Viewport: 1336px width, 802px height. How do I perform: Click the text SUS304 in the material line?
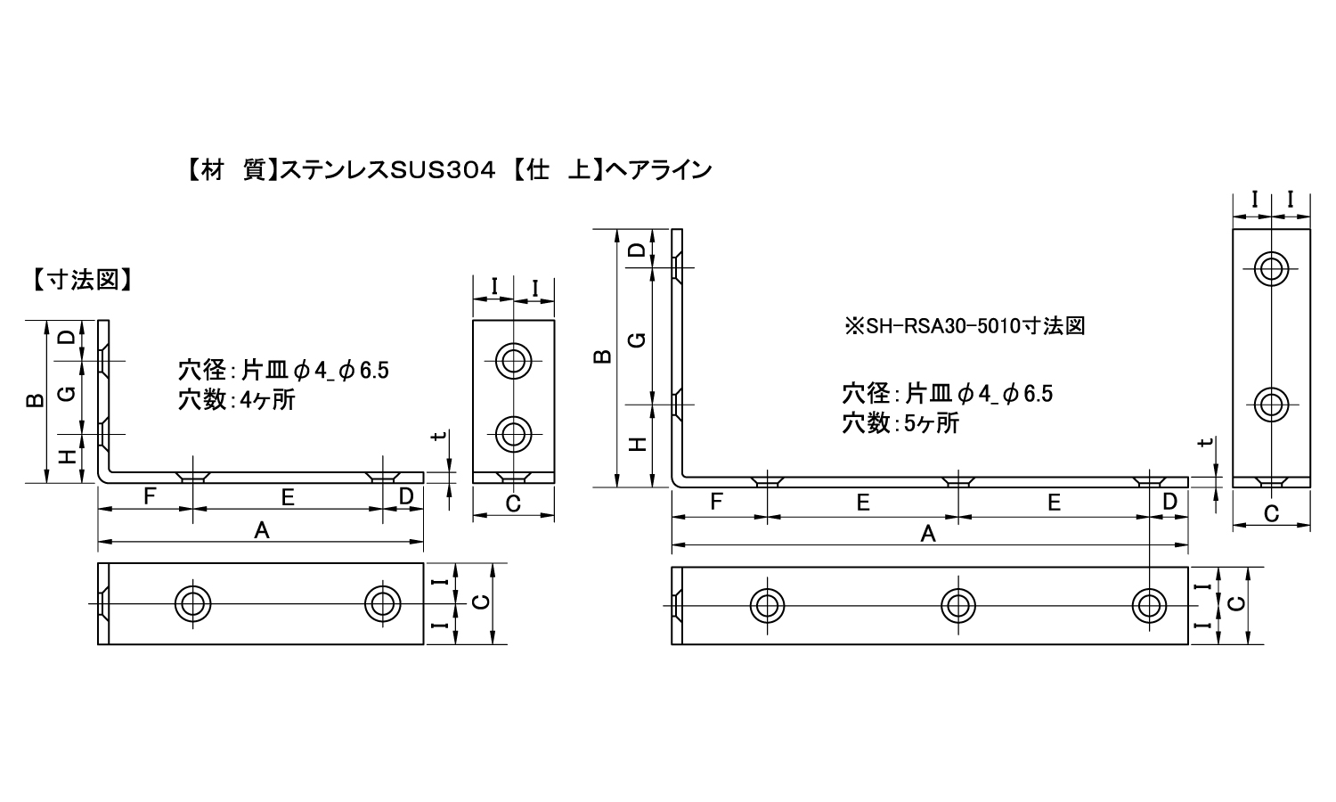coord(443,171)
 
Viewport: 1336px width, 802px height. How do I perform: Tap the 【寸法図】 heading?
coord(82,279)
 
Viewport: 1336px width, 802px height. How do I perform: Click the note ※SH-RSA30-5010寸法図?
coord(965,326)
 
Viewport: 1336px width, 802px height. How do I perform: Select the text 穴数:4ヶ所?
coord(237,400)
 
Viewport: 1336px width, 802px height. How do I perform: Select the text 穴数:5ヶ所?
coord(900,423)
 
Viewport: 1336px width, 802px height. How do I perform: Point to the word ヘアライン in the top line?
coord(658,171)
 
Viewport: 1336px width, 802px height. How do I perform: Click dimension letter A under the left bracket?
coord(262,530)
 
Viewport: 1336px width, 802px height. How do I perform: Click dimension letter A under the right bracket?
coord(928,534)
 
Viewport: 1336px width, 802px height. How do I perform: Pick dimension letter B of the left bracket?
coord(36,400)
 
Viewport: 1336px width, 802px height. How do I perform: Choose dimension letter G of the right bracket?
coord(638,340)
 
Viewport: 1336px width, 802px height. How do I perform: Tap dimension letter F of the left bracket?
coord(150,495)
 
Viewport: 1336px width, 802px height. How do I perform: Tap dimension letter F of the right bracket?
coord(716,501)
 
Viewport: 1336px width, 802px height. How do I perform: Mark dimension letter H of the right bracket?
coord(638,445)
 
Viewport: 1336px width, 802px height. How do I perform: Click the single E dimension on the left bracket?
coord(288,497)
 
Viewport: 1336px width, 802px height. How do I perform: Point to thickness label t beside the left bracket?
coord(440,436)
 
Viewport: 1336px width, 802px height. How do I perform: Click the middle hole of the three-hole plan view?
coord(958,606)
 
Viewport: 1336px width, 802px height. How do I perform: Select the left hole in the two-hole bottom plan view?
coord(192,603)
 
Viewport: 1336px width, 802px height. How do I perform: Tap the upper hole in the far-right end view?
coord(1272,269)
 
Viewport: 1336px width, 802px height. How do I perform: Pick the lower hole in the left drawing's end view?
coord(514,434)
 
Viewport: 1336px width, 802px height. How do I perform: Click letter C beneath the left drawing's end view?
coord(513,504)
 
